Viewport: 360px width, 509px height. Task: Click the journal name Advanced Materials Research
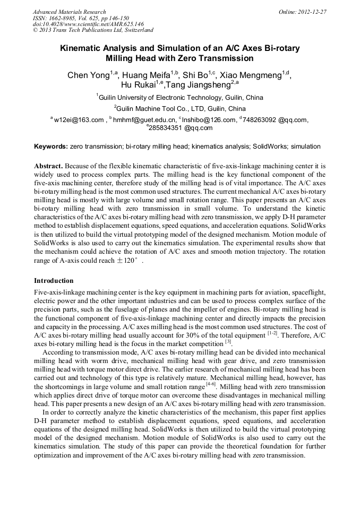pos(69,12)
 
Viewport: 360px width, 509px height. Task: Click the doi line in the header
pos(88,24)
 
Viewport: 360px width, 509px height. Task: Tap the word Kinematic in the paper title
pos(82,48)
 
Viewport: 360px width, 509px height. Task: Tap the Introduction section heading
pos(54,281)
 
